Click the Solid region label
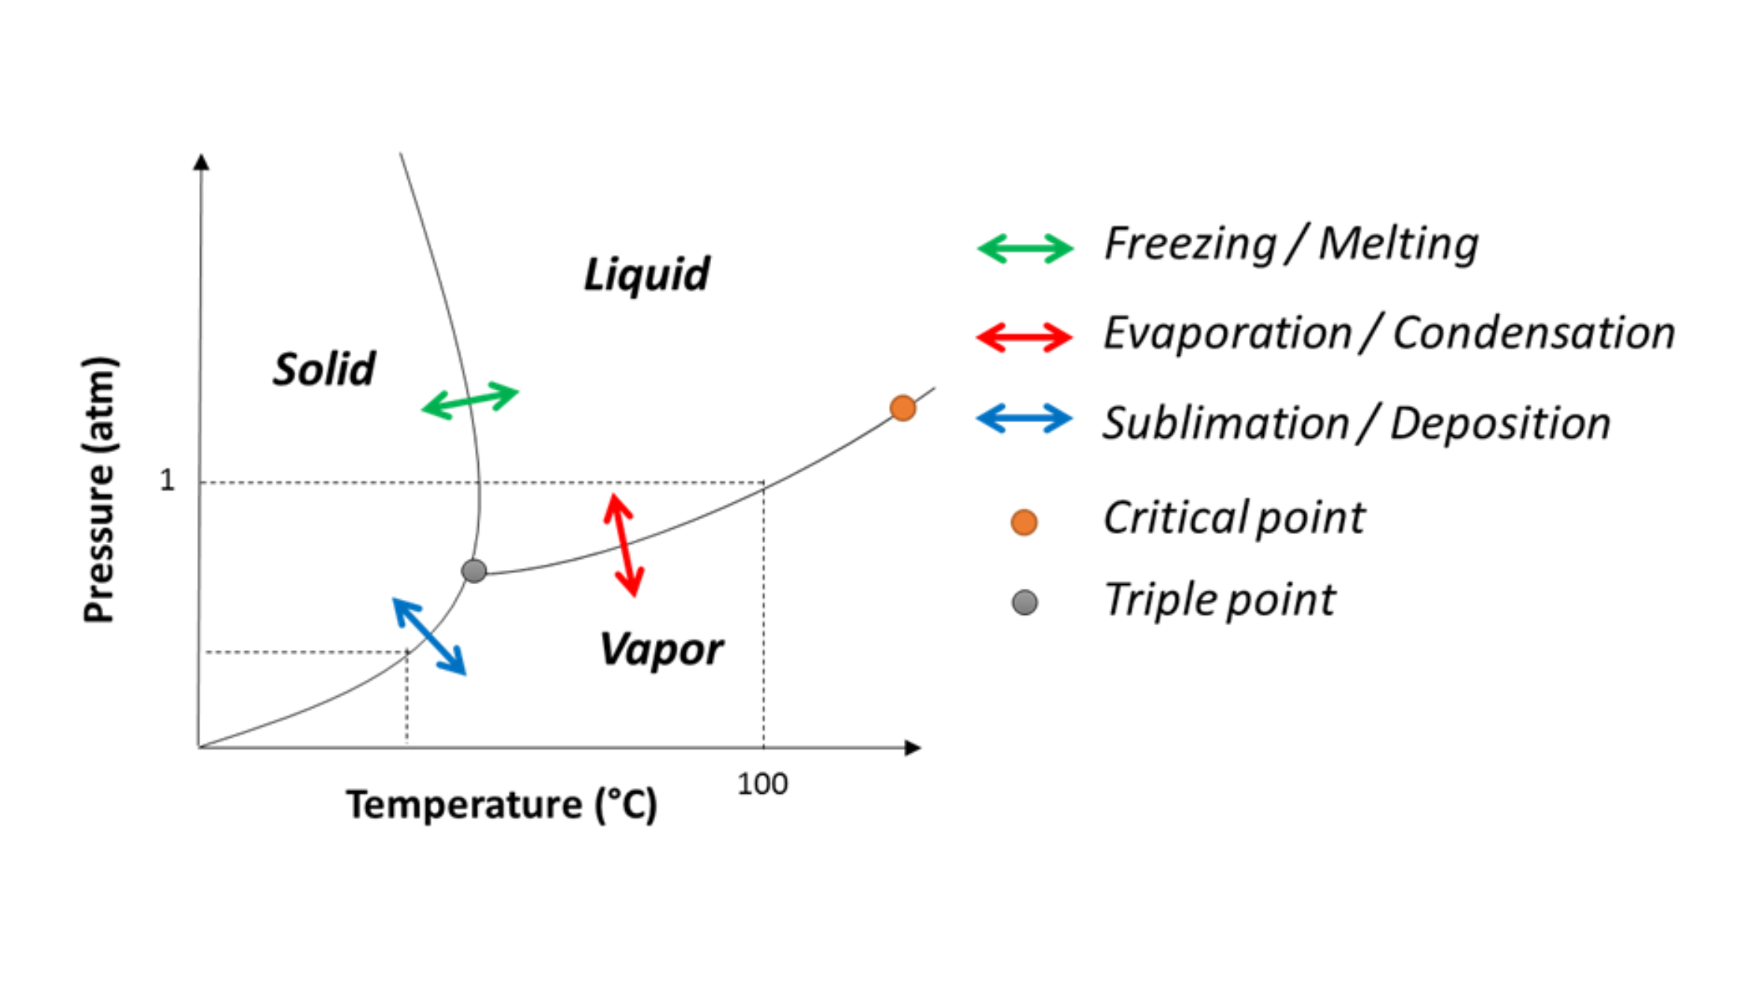[324, 369]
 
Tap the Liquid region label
[647, 275]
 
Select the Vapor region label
[661, 650]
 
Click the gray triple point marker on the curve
[474, 570]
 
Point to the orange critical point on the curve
[902, 408]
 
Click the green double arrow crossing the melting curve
[470, 400]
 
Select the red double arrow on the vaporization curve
[624, 545]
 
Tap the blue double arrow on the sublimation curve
[429, 636]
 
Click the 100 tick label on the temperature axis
[762, 784]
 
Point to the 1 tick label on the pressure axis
[167, 480]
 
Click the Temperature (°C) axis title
[502, 805]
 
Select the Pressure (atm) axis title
[100, 490]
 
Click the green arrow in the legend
[1025, 248]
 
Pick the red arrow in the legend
[1025, 338]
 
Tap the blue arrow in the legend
[1025, 418]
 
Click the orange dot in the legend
[1024, 522]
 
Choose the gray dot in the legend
[1024, 602]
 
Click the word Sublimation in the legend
[1225, 424]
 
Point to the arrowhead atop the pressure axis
[202, 161]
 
